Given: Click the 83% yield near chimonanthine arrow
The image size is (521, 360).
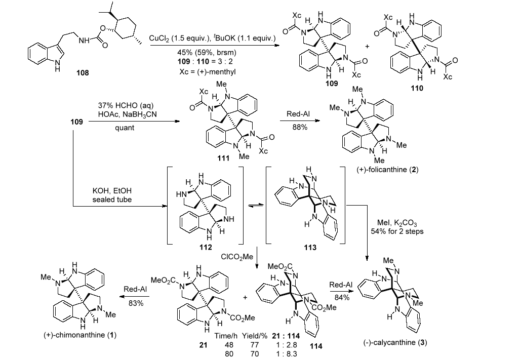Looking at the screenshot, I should tap(136, 303).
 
